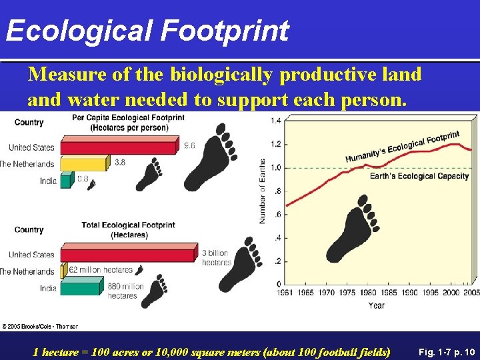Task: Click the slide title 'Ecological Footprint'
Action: point(147,31)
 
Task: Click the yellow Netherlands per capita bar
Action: point(83,164)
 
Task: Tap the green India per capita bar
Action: point(65,180)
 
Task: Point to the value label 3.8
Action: point(120,162)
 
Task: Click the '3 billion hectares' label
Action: point(217,257)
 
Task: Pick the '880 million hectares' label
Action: point(125,291)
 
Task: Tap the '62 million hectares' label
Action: point(101,270)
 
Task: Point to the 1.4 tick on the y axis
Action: point(275,121)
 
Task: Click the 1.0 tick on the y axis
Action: point(275,167)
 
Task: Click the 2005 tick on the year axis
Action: point(471,293)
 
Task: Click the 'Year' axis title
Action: point(376,305)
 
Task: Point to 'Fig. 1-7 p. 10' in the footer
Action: point(443,350)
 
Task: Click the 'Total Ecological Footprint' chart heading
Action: point(129,229)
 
